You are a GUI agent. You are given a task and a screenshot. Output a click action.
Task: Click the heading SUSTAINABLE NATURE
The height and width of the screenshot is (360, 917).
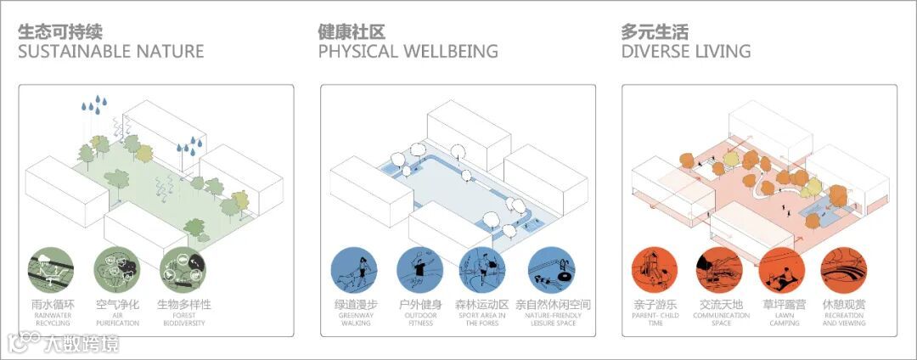111,52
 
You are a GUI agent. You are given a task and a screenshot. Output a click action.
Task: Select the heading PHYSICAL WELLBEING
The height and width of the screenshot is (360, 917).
408,52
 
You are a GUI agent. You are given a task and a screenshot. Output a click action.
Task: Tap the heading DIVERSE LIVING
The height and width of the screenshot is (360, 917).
685,52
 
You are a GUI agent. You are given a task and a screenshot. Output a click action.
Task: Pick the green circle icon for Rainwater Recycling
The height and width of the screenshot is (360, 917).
51,269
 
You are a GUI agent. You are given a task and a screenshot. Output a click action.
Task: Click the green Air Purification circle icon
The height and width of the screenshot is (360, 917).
117,269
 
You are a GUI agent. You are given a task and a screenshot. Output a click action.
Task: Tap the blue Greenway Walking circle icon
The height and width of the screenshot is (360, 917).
355,271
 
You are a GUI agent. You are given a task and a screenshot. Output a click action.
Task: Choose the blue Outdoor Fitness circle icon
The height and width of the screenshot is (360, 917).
420,271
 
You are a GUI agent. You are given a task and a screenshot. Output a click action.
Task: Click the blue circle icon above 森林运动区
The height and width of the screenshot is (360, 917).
485,271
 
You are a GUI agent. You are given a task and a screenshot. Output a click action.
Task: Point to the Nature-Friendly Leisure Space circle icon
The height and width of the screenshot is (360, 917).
551,271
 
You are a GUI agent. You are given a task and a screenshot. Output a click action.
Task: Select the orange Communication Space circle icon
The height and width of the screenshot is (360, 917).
720,271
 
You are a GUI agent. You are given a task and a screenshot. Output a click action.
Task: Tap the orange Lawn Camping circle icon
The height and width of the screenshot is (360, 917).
782,271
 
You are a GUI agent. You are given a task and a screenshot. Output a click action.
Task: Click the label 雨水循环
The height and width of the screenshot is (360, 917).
51,304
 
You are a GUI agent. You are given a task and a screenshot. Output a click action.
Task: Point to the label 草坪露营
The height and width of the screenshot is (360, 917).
782,304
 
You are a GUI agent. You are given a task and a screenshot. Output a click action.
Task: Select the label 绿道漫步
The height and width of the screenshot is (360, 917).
355,304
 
